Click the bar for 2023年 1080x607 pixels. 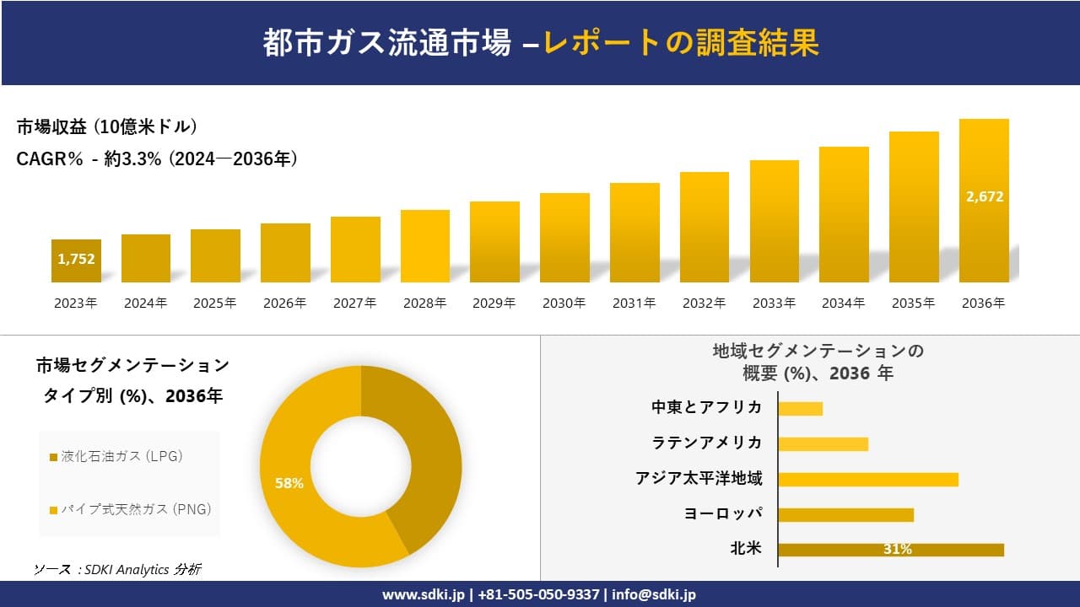[x=76, y=261]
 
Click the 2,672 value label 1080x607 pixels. [x=984, y=196]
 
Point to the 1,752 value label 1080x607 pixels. [x=76, y=259]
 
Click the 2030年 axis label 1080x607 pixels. [x=564, y=303]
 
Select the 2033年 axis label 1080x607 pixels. [x=774, y=303]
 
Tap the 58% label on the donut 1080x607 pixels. [x=289, y=484]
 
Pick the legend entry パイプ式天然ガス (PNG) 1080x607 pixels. [x=131, y=509]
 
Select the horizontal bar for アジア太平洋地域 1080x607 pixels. [x=867, y=479]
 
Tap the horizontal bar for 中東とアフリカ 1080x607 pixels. [x=800, y=408]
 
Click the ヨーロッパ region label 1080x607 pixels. [x=723, y=514]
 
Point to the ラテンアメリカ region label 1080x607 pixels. [x=707, y=443]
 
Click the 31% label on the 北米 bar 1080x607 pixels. [x=897, y=550]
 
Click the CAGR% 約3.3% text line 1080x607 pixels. [x=157, y=158]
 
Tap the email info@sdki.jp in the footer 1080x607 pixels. [x=654, y=594]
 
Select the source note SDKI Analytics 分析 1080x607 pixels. [x=117, y=570]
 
